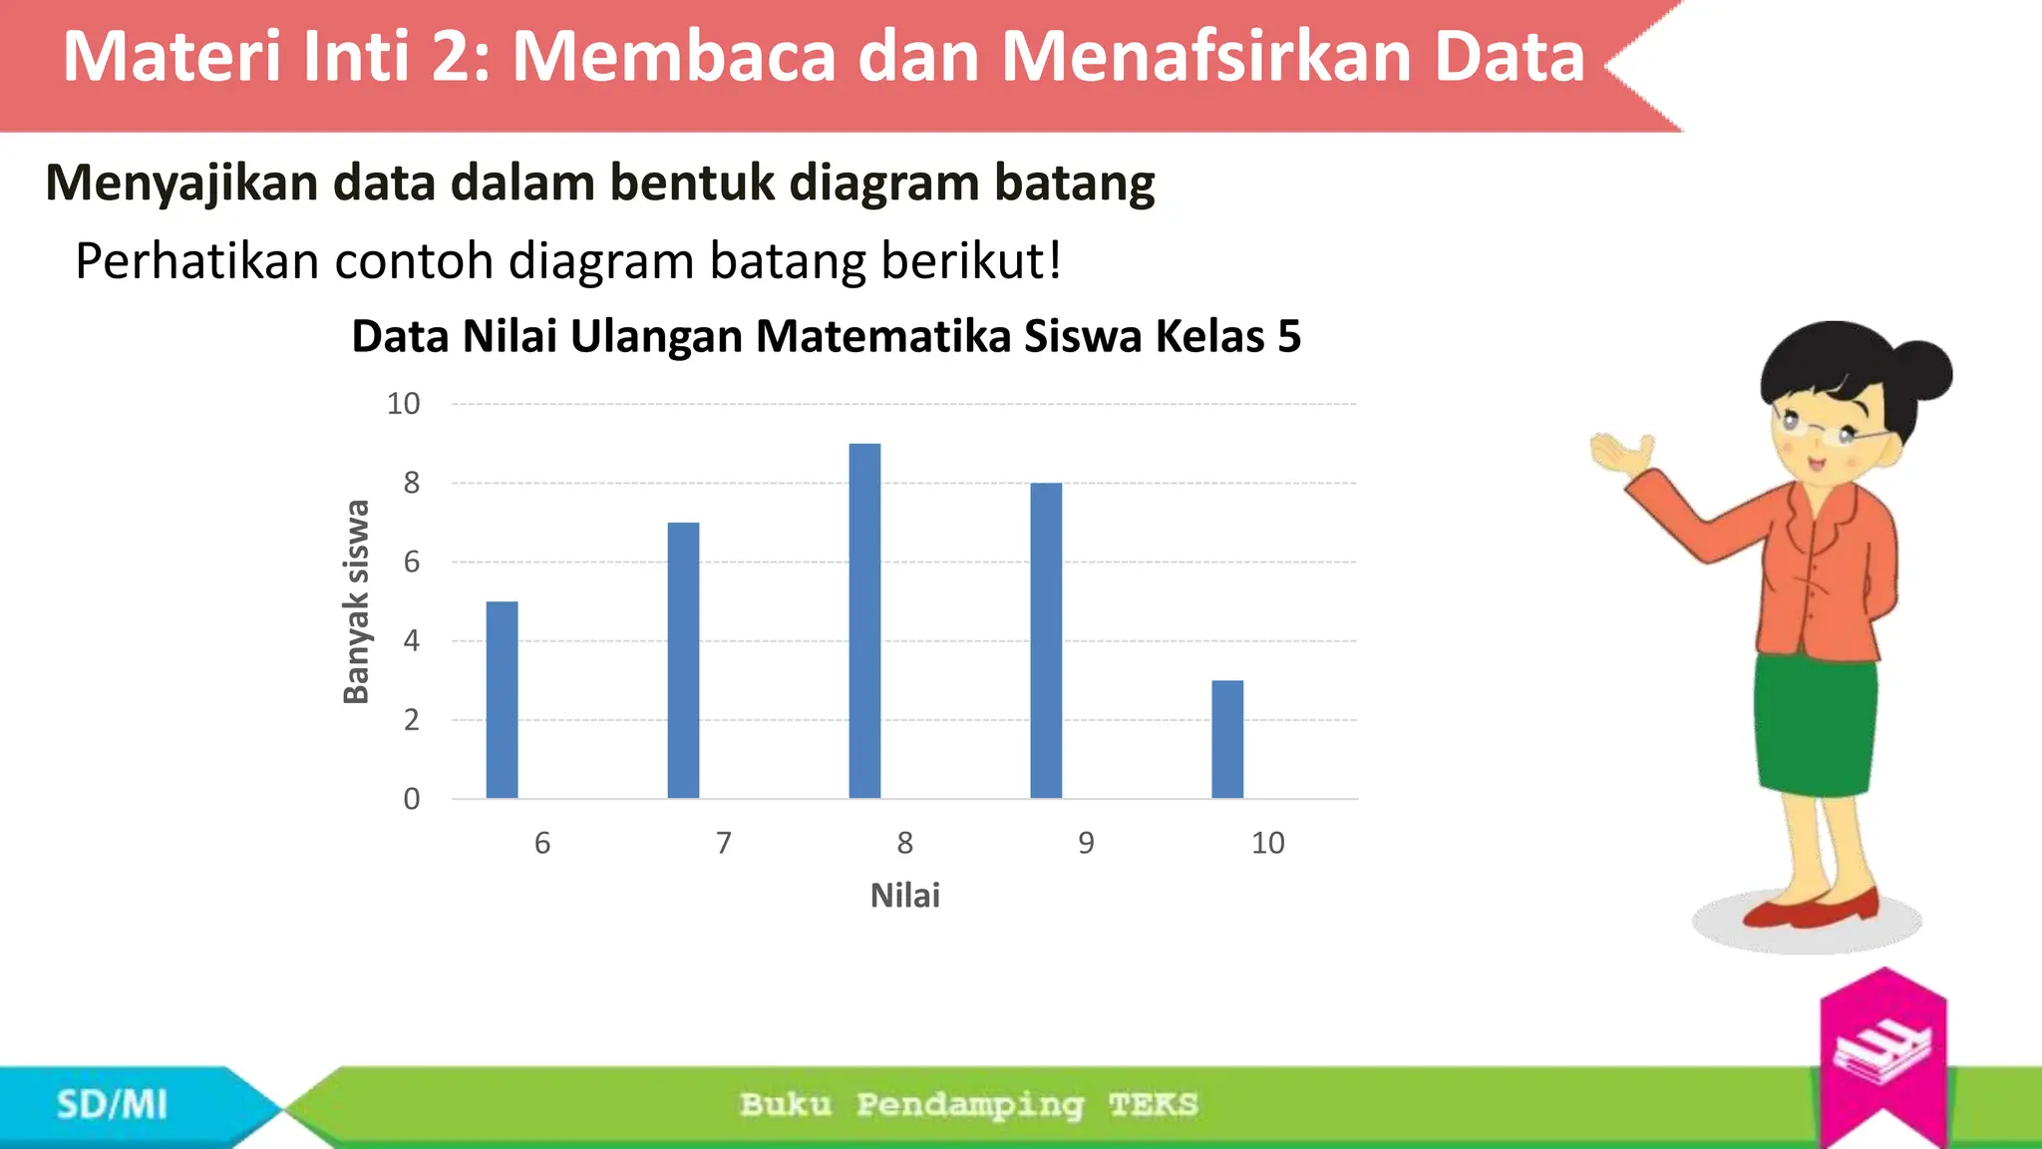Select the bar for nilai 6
coord(502,700)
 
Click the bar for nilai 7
coord(683,660)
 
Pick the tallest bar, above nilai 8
coord(864,620)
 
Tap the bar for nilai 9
coord(1046,640)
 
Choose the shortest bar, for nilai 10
coord(1227,739)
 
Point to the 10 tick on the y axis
coord(404,404)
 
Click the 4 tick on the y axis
coord(411,640)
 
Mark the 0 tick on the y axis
coord(411,799)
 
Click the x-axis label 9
coord(1086,844)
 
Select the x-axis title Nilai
coord(904,896)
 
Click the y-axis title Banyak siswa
coord(356,601)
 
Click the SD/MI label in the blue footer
coord(112,1105)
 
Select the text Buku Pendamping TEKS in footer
coord(968,1105)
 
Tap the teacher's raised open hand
coord(1620,455)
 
